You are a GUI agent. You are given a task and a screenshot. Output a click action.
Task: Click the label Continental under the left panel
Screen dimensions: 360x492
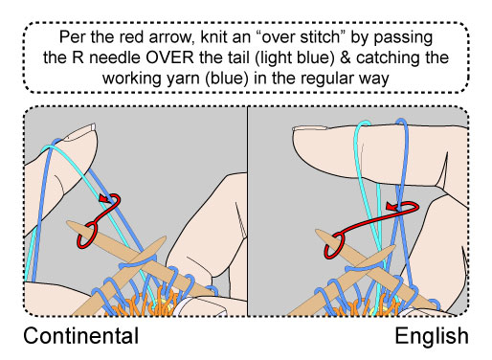pos(81,336)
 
